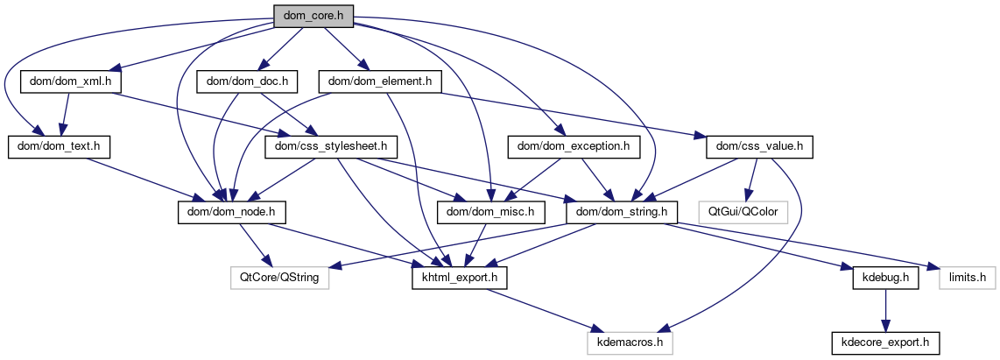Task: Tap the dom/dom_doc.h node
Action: point(248,81)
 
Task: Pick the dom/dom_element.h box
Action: point(381,81)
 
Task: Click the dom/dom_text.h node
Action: point(59,146)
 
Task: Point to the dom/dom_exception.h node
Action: point(574,146)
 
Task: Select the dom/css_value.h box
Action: point(760,146)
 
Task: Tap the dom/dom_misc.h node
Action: point(491,211)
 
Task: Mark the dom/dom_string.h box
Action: point(621,211)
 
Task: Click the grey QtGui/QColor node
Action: point(743,211)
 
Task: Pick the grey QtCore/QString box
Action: point(274,278)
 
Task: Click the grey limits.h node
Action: point(968,278)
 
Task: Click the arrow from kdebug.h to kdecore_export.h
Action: point(885,310)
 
